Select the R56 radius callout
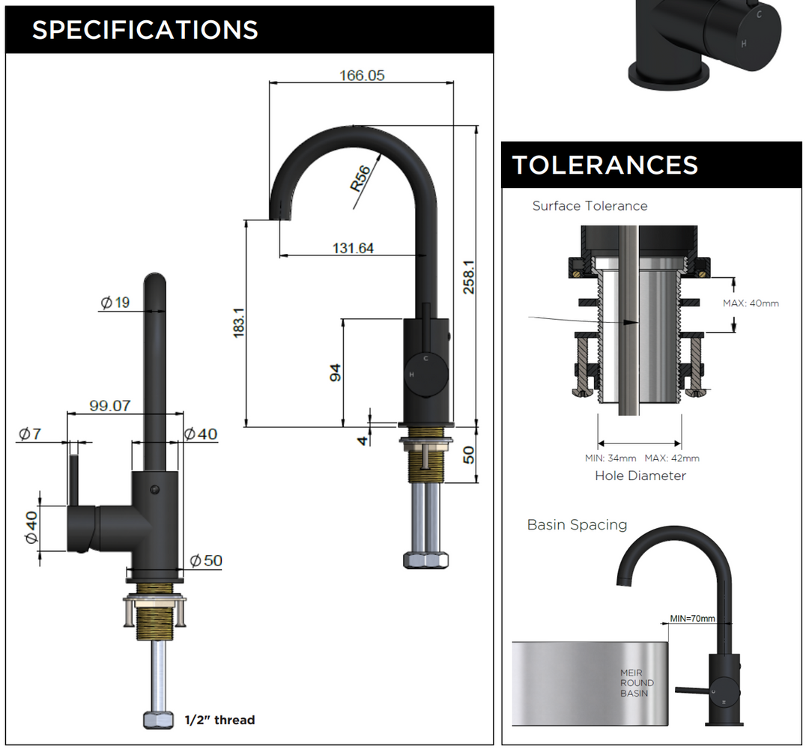coord(361,179)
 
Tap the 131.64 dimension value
coord(353,248)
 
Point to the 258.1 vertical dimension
coord(469,277)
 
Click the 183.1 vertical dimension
coord(239,323)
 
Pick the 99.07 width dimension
coord(110,406)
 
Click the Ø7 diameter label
coord(29,434)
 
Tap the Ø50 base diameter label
coord(206,560)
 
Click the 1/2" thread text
coord(219,720)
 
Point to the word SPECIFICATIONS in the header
coord(145,30)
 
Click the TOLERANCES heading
coord(605,165)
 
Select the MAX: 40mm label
coord(751,303)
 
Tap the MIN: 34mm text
coord(610,458)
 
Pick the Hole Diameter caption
coord(640,476)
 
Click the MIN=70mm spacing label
coord(692,618)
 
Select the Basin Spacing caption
coord(577,524)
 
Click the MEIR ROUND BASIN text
coord(637,683)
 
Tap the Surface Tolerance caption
coord(590,205)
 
